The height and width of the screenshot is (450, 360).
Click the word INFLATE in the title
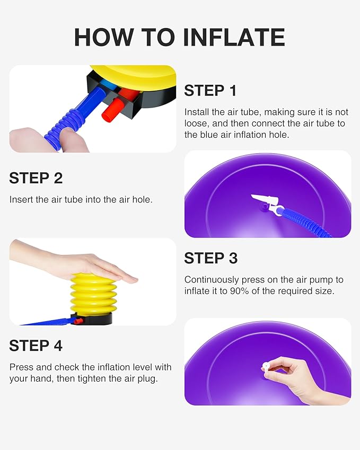pos(234,37)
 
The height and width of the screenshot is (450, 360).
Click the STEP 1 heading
pos(210,91)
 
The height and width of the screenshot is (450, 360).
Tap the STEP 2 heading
pos(36,178)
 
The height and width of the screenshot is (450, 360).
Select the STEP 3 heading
pos(211,258)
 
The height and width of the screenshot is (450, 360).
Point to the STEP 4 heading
pos(36,346)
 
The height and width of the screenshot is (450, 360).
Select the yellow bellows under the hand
pos(93,293)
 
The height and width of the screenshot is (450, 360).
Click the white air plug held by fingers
pos(266,366)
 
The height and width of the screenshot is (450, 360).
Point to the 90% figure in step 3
pos(239,291)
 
